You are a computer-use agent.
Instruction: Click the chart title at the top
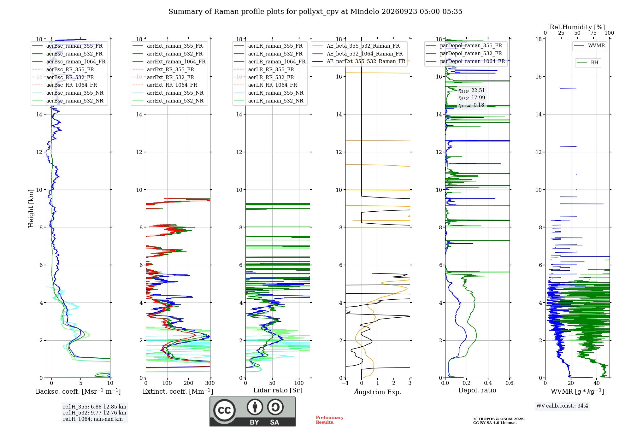315,12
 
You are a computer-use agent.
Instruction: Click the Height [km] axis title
31,209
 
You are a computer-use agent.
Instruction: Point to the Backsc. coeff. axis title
78,391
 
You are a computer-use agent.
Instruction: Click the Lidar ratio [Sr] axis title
278,391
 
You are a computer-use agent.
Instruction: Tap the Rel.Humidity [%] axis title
577,27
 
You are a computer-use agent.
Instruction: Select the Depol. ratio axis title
477,391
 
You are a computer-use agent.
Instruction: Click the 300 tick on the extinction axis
210,383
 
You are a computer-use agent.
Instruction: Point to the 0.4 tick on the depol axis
488,383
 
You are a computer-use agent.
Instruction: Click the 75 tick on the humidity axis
593,33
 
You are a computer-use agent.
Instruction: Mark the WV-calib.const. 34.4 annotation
562,406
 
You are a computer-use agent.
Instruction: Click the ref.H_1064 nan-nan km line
93,419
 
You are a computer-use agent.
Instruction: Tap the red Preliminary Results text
330,420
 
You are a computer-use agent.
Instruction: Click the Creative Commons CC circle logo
225,410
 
